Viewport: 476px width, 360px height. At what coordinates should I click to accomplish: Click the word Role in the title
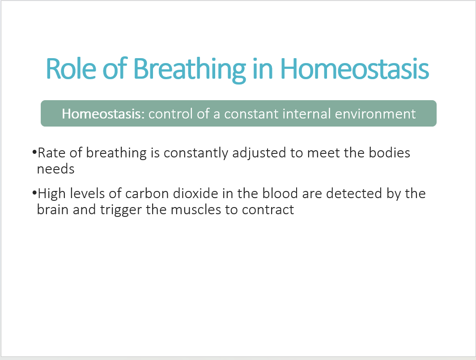(71, 68)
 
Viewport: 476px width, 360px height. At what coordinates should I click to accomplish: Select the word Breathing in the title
(189, 70)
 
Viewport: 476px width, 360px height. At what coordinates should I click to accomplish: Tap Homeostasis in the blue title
(354, 68)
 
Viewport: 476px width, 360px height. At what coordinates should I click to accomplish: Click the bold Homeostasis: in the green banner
(103, 114)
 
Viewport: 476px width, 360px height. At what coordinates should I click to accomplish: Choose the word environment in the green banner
(375, 114)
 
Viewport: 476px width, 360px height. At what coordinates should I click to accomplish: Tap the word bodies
(389, 152)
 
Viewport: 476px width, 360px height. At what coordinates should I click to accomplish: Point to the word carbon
(147, 194)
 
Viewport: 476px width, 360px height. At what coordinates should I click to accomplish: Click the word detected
(354, 194)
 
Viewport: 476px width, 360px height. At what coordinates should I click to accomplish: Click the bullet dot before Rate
(34, 152)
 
